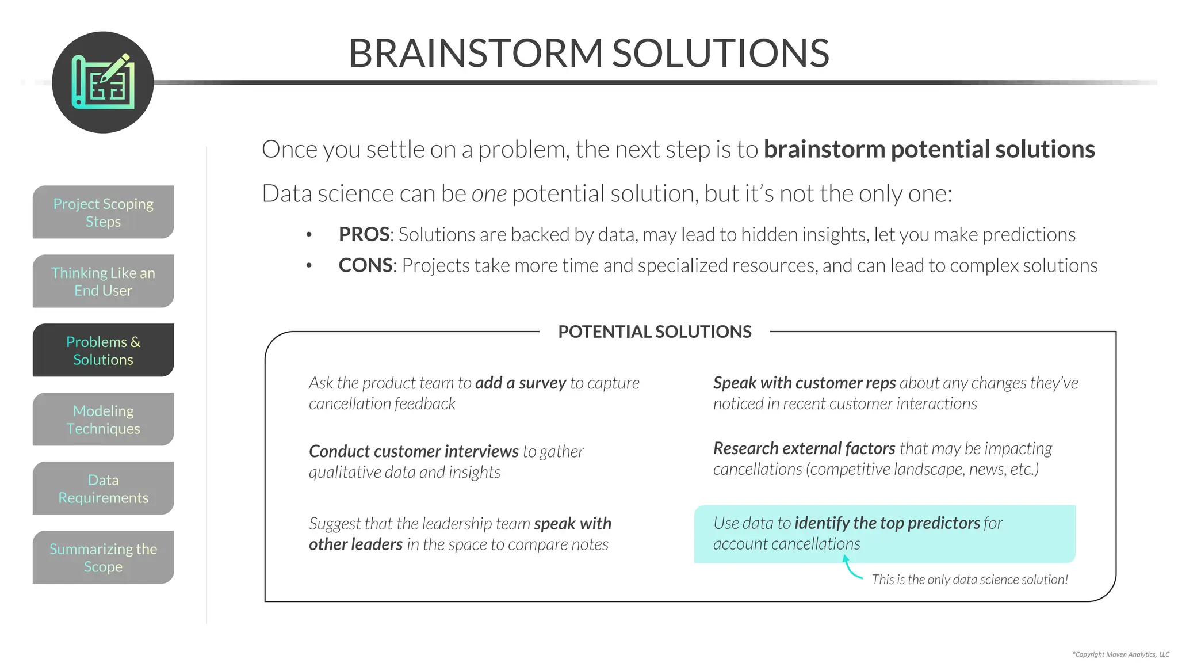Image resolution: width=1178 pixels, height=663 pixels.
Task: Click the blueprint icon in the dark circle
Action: click(x=103, y=82)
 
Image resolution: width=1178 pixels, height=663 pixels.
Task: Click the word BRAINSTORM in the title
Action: click(x=475, y=53)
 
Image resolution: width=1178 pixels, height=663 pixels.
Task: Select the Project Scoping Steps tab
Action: click(x=104, y=212)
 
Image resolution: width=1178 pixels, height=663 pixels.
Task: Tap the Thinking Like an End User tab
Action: click(x=104, y=281)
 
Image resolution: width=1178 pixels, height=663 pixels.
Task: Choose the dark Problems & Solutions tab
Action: click(x=104, y=350)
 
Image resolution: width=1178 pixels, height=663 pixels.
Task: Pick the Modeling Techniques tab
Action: click(x=104, y=420)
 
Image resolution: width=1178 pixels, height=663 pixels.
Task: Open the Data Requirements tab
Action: click(x=104, y=489)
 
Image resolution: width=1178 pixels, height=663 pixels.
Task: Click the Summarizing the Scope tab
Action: click(x=104, y=558)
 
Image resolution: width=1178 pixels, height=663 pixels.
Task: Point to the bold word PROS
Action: click(x=364, y=235)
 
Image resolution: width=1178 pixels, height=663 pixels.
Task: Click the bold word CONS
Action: click(x=365, y=266)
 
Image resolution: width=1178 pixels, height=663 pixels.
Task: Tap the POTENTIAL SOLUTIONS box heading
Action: click(x=655, y=332)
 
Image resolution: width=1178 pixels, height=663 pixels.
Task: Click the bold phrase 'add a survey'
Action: click(x=521, y=383)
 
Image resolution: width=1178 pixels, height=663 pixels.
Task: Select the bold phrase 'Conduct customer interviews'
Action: click(x=414, y=452)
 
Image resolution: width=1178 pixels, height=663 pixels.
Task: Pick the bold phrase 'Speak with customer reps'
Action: click(x=804, y=383)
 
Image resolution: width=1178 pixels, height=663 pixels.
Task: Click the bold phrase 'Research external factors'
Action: click(x=804, y=448)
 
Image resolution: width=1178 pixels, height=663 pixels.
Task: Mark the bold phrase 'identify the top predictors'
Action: click(x=887, y=523)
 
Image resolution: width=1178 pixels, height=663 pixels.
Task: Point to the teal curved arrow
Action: click(x=851, y=569)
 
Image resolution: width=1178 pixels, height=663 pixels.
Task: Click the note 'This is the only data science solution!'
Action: click(x=970, y=580)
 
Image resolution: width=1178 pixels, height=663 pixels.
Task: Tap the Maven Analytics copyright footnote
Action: click(x=1120, y=654)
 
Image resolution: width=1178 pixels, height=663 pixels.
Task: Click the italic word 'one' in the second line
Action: click(x=489, y=194)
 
